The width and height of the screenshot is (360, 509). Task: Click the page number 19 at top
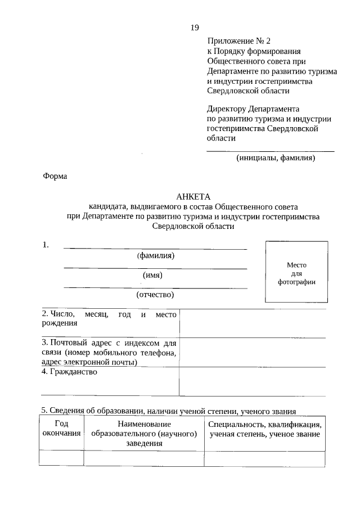[195, 28]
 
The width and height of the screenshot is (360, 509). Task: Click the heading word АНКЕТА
[193, 197]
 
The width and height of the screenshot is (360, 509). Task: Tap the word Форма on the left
[55, 176]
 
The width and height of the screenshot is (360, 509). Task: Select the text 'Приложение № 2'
[239, 41]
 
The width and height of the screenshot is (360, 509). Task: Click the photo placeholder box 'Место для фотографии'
[296, 273]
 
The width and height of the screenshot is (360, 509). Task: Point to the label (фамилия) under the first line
[155, 255]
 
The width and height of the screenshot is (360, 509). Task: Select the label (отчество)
[155, 294]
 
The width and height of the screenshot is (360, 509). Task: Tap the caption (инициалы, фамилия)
[276, 158]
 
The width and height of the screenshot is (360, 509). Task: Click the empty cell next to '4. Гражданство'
[252, 381]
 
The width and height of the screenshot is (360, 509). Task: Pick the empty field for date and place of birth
[252, 323]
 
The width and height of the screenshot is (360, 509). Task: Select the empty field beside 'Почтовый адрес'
[252, 352]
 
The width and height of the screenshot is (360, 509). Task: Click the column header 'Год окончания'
[61, 429]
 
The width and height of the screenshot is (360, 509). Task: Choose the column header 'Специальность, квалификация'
[264, 429]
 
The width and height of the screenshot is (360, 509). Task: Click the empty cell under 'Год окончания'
[61, 459]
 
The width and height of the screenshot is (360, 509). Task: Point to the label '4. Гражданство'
[70, 372]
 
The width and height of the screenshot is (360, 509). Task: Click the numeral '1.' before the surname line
[46, 245]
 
